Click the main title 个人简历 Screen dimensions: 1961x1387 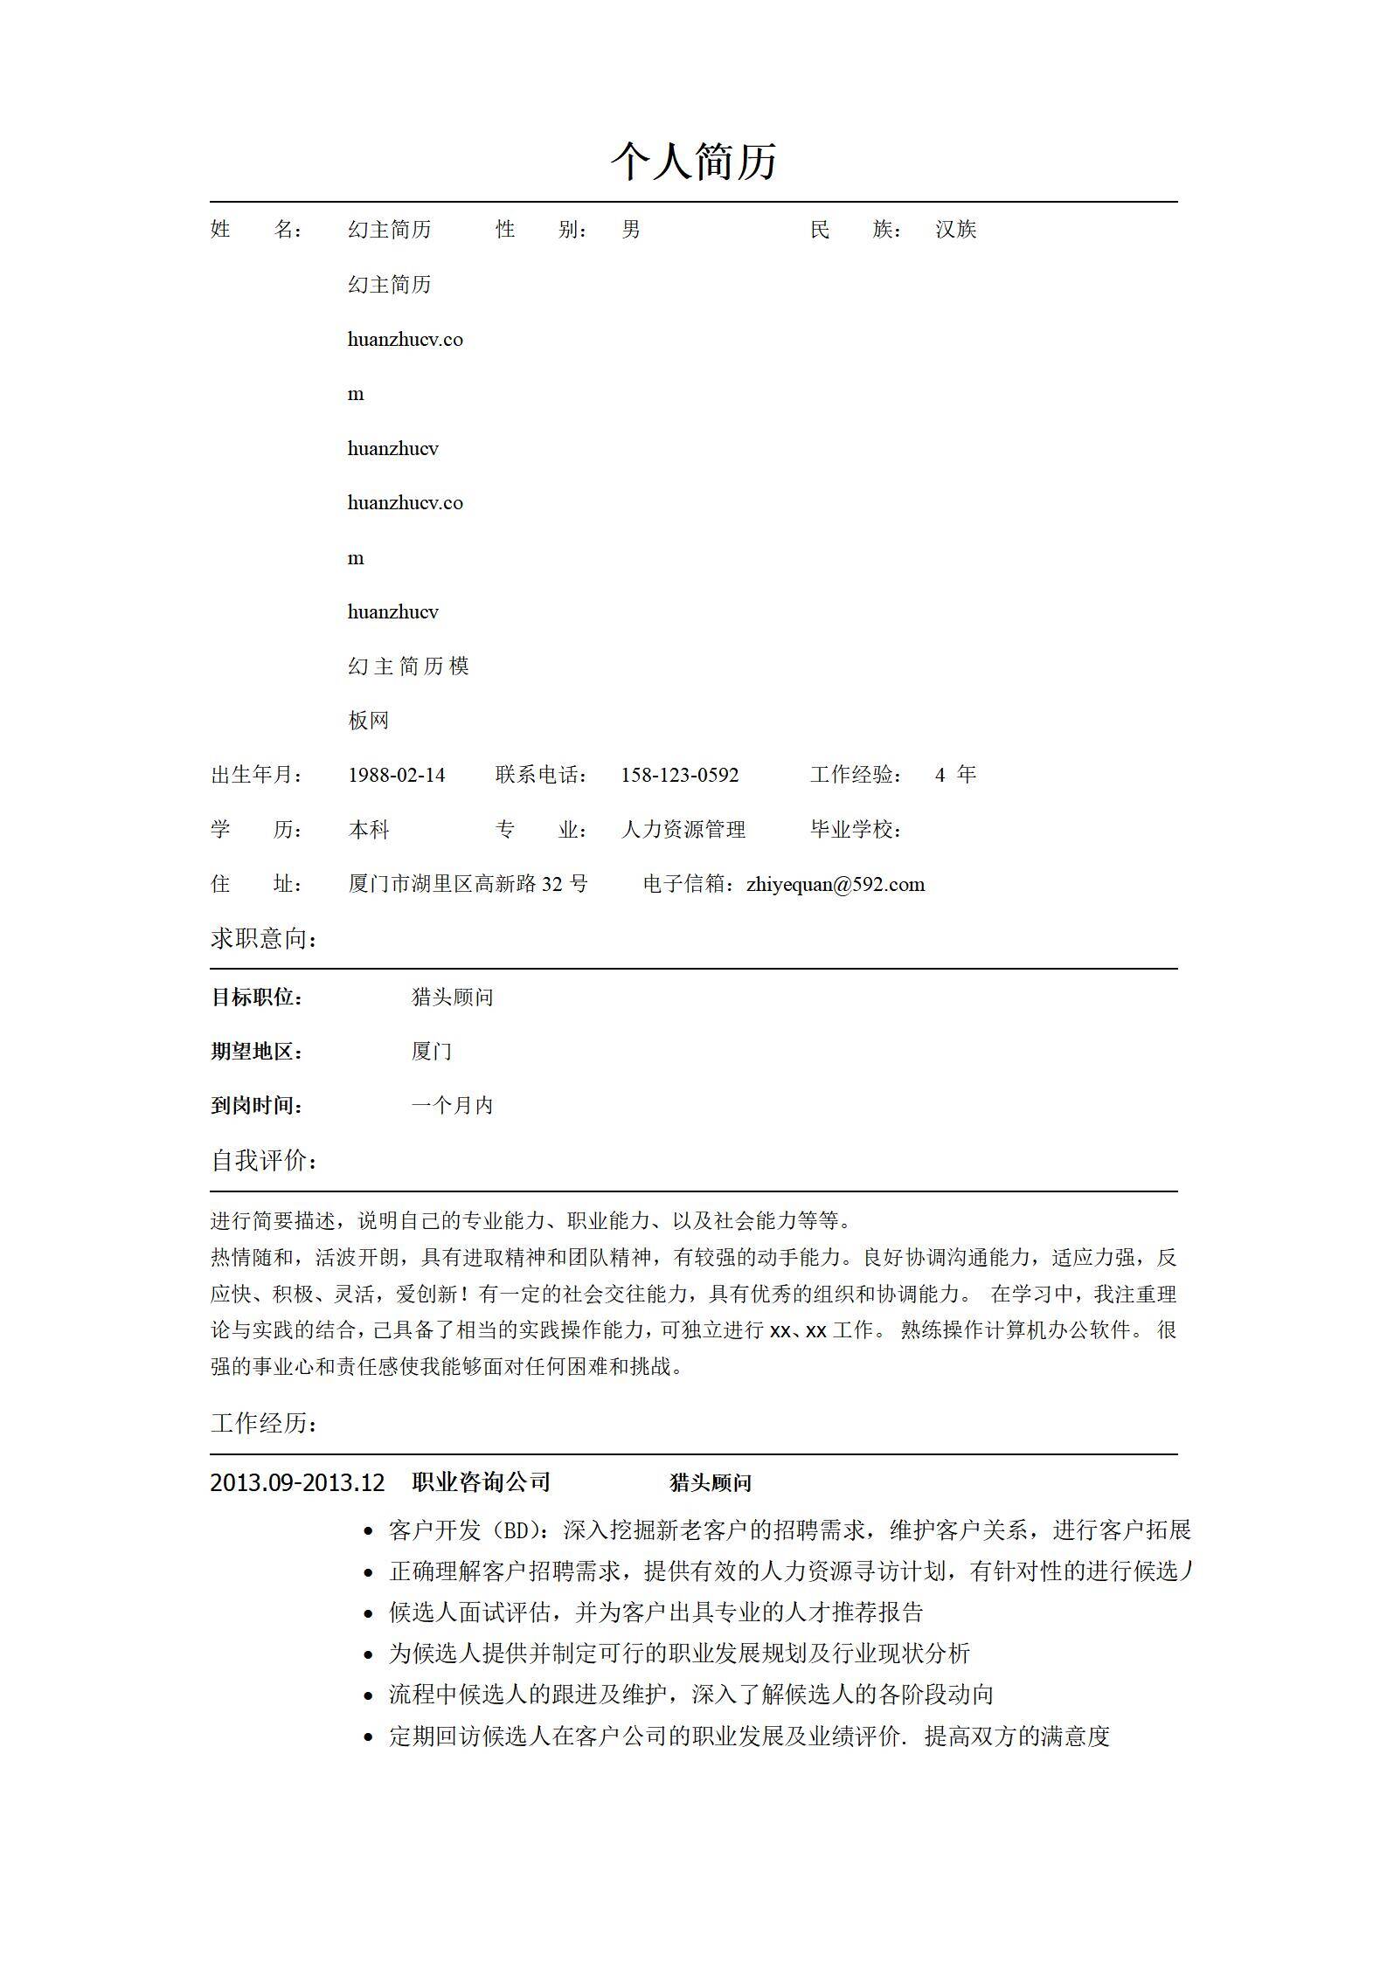click(693, 162)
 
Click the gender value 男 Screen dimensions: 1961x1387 click(631, 230)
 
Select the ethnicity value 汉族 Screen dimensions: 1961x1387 click(955, 230)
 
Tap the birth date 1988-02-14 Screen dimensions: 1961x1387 click(396, 775)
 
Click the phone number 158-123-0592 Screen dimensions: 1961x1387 click(679, 775)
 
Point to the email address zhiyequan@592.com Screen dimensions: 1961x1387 click(835, 884)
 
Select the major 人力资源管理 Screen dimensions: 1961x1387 click(683, 830)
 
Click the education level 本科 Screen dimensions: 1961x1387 click(368, 830)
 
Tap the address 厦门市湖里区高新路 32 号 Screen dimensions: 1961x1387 click(468, 884)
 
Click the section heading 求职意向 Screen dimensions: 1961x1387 click(264, 939)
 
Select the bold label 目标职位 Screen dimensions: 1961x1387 click(256, 997)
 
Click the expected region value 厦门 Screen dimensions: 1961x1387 click(431, 1051)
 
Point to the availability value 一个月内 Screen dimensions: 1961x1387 click(452, 1106)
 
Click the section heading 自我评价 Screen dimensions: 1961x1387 click(264, 1161)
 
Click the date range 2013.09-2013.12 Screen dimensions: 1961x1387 click(297, 1482)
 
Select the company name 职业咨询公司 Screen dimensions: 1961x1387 click(481, 1481)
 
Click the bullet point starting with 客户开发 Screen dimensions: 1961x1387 click(788, 1530)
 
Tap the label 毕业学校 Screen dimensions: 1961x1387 click(856, 830)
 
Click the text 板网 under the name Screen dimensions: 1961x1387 click(368, 721)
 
